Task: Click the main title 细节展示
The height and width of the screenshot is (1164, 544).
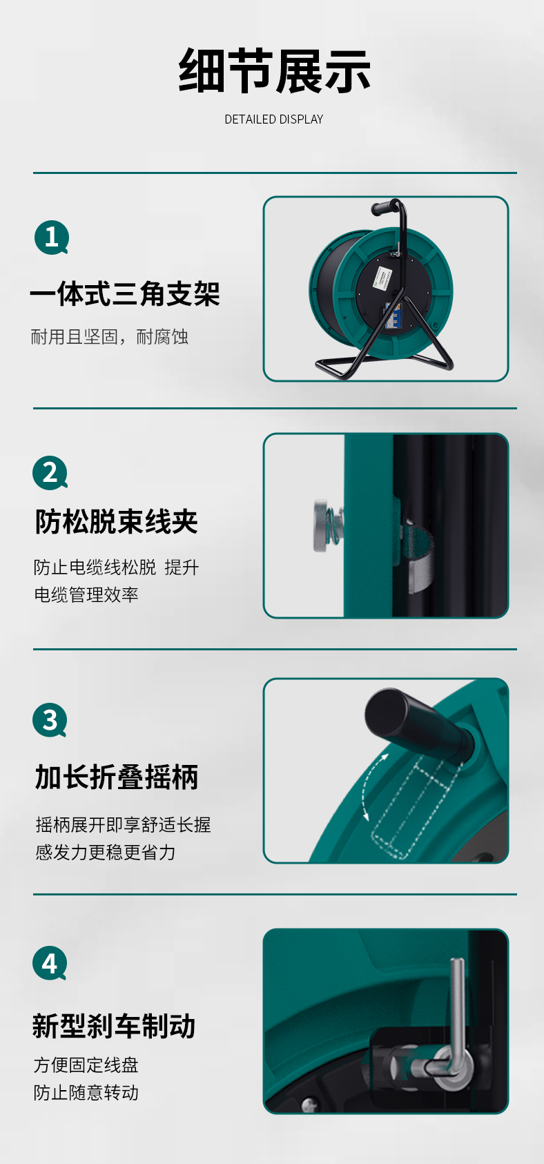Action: [274, 70]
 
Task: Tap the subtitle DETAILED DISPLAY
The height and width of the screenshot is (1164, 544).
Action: [274, 119]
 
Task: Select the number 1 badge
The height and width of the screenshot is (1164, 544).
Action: [52, 237]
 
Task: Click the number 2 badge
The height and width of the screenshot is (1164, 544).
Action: [50, 473]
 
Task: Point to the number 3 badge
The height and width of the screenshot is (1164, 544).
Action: [50, 720]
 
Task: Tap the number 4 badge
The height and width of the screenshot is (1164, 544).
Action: [50, 963]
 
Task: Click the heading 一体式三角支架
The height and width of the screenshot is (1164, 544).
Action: [125, 293]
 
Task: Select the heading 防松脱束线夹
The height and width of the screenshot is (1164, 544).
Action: [117, 522]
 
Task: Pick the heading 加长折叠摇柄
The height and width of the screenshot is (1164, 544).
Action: [117, 777]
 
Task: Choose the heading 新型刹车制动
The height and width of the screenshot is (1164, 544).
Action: [114, 1027]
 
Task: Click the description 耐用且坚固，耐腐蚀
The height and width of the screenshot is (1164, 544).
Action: [109, 337]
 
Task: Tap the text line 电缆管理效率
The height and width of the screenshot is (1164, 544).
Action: [86, 594]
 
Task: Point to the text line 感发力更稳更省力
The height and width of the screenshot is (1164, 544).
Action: [106, 852]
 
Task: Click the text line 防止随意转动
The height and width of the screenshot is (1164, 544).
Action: [86, 1092]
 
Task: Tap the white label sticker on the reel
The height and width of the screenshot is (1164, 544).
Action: [381, 279]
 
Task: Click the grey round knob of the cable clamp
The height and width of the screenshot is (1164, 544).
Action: [322, 525]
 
